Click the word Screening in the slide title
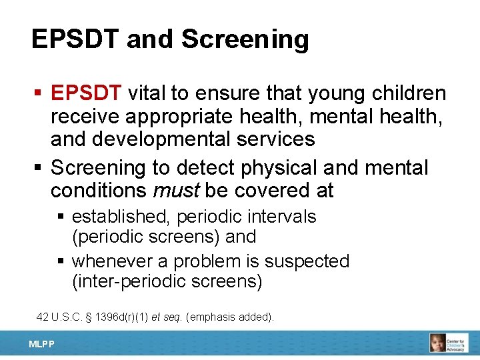pos(245,40)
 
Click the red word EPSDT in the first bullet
pos(86,93)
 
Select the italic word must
pos(176,191)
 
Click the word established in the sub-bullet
pos(122,217)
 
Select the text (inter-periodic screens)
pos(167,281)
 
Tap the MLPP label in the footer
pos(41,344)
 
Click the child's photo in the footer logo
pos(438,343)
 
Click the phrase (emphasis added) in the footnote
pos(230,317)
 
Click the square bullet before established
pos(62,217)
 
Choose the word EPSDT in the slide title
pos(75,40)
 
